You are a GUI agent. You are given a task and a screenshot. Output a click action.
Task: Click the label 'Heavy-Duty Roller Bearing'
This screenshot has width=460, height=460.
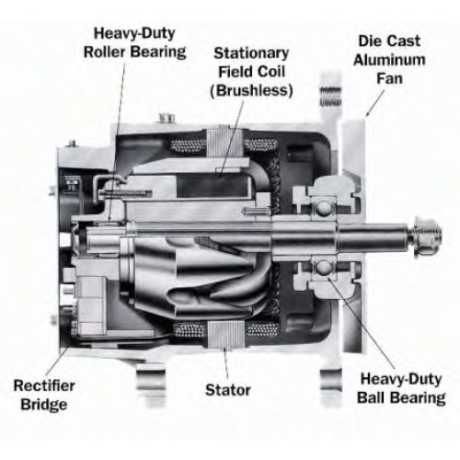134,42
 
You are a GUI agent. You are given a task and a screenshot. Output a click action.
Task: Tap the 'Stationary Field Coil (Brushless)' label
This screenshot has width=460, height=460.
251,72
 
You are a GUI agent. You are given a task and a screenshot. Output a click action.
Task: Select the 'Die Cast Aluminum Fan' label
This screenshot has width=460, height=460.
389,60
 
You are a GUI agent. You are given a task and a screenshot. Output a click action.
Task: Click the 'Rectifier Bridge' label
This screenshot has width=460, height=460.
44,395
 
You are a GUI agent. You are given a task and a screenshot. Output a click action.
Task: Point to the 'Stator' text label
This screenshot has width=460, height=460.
228,390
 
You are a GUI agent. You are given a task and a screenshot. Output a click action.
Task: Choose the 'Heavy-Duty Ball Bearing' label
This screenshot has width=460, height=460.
401,388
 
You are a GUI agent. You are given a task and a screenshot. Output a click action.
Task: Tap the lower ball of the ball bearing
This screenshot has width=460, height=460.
324,268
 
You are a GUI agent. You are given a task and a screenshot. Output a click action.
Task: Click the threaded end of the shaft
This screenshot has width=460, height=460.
427,235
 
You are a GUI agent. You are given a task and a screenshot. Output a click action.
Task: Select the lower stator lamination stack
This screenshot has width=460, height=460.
225,334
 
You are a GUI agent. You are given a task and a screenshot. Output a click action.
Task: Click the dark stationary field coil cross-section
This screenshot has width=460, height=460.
213,187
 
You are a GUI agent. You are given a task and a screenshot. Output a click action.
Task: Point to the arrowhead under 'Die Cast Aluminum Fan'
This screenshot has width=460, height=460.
368,113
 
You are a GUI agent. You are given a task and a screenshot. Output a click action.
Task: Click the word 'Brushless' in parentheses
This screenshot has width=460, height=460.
251,90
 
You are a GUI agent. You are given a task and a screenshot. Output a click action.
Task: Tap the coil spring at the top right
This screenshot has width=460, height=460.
330,96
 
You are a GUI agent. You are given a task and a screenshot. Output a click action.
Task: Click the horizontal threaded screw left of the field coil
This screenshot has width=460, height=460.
126,193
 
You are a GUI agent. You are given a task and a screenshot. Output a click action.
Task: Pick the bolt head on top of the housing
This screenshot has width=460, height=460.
167,118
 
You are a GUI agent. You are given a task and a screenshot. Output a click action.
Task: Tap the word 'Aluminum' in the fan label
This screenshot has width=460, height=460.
389,60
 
